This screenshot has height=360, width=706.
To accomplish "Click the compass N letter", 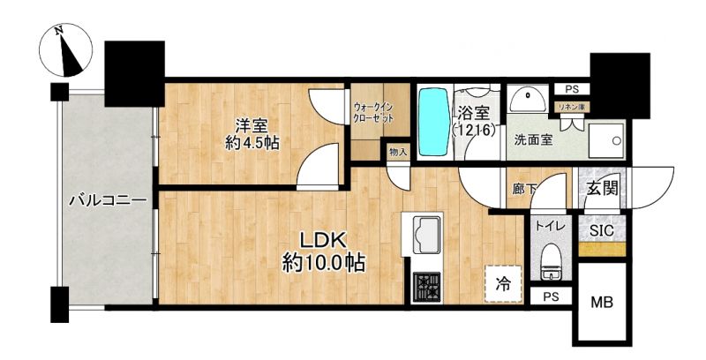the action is [58, 31].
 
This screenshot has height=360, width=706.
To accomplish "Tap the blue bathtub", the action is [434, 122].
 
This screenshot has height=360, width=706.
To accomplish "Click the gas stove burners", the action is [427, 288].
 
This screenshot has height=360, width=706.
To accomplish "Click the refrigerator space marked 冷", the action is [503, 284].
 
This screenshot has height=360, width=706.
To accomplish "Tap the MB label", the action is [602, 303].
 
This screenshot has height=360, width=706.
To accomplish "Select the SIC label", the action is [602, 231].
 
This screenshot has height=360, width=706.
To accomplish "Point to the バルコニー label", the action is [108, 200].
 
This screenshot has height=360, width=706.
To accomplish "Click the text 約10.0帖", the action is [323, 263].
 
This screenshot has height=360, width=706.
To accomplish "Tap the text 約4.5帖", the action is [252, 143].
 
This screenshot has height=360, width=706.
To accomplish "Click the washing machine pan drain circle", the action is [615, 140].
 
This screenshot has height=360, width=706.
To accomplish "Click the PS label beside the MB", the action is [551, 297].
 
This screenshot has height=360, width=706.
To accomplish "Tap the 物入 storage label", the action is [398, 152].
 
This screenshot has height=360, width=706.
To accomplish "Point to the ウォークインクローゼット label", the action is [373, 114].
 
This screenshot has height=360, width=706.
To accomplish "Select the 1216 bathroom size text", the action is [474, 131].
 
